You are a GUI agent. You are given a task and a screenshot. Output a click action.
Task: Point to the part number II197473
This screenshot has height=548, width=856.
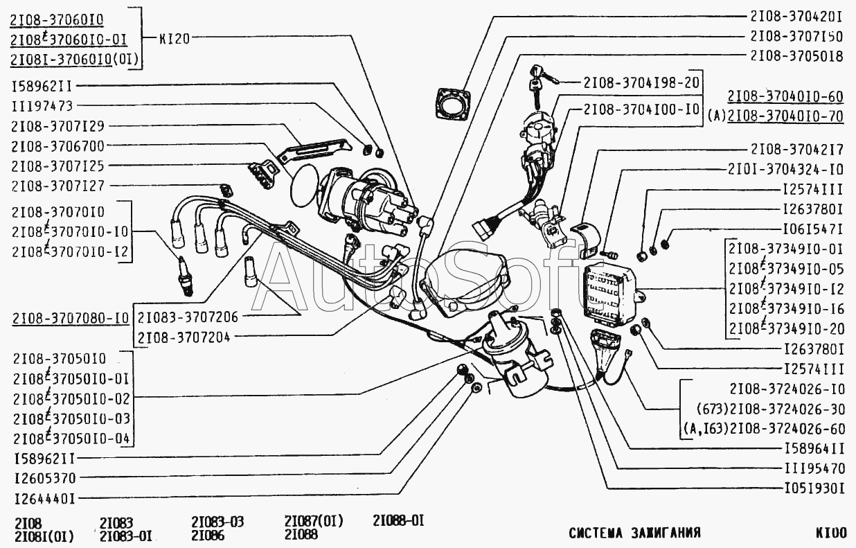(42, 106)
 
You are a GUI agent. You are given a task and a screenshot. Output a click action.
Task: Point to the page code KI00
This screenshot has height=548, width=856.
(830, 533)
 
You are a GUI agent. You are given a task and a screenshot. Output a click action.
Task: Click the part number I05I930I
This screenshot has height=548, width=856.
(813, 488)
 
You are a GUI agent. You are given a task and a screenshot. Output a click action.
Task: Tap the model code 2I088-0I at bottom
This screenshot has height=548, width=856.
(398, 520)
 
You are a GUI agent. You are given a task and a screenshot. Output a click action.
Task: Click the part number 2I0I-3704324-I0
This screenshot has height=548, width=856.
(785, 169)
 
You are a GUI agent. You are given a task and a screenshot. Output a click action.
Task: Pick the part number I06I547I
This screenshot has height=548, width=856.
(812, 228)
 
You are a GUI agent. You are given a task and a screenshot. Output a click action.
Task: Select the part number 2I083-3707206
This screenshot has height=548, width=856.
(188, 317)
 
